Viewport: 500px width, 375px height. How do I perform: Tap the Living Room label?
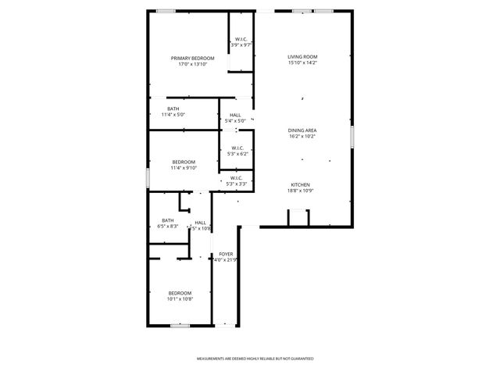pyautogui.click(x=302, y=57)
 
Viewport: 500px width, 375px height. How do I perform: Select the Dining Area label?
pyautogui.click(x=302, y=130)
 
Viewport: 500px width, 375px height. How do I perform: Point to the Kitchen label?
pyautogui.click(x=302, y=184)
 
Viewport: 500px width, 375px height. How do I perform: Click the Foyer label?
pyautogui.click(x=226, y=254)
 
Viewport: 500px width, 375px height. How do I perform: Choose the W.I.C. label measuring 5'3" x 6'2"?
pyautogui.click(x=237, y=148)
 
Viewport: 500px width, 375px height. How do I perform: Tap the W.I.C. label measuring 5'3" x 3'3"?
pyautogui.click(x=237, y=178)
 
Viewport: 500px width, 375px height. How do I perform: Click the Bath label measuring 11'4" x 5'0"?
pyautogui.click(x=173, y=109)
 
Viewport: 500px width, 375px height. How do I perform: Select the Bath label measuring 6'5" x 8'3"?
pyautogui.click(x=168, y=220)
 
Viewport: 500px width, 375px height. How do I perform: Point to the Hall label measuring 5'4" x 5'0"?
pyautogui.click(x=235, y=115)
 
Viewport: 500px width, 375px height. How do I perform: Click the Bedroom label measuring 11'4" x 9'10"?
pyautogui.click(x=184, y=162)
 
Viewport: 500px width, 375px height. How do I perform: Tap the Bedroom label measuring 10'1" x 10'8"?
pyautogui.click(x=180, y=293)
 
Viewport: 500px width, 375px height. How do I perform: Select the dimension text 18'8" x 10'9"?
pyautogui.click(x=302, y=191)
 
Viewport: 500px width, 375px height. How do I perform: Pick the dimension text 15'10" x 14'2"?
pyautogui.click(x=302, y=63)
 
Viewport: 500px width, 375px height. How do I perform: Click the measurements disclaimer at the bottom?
pyautogui.click(x=255, y=358)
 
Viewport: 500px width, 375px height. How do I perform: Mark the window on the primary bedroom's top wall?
pyautogui.click(x=165, y=11)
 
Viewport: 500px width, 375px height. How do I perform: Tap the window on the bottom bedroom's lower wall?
pyautogui.click(x=180, y=325)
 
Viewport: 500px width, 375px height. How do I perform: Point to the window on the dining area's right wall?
pyautogui.click(x=352, y=137)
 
